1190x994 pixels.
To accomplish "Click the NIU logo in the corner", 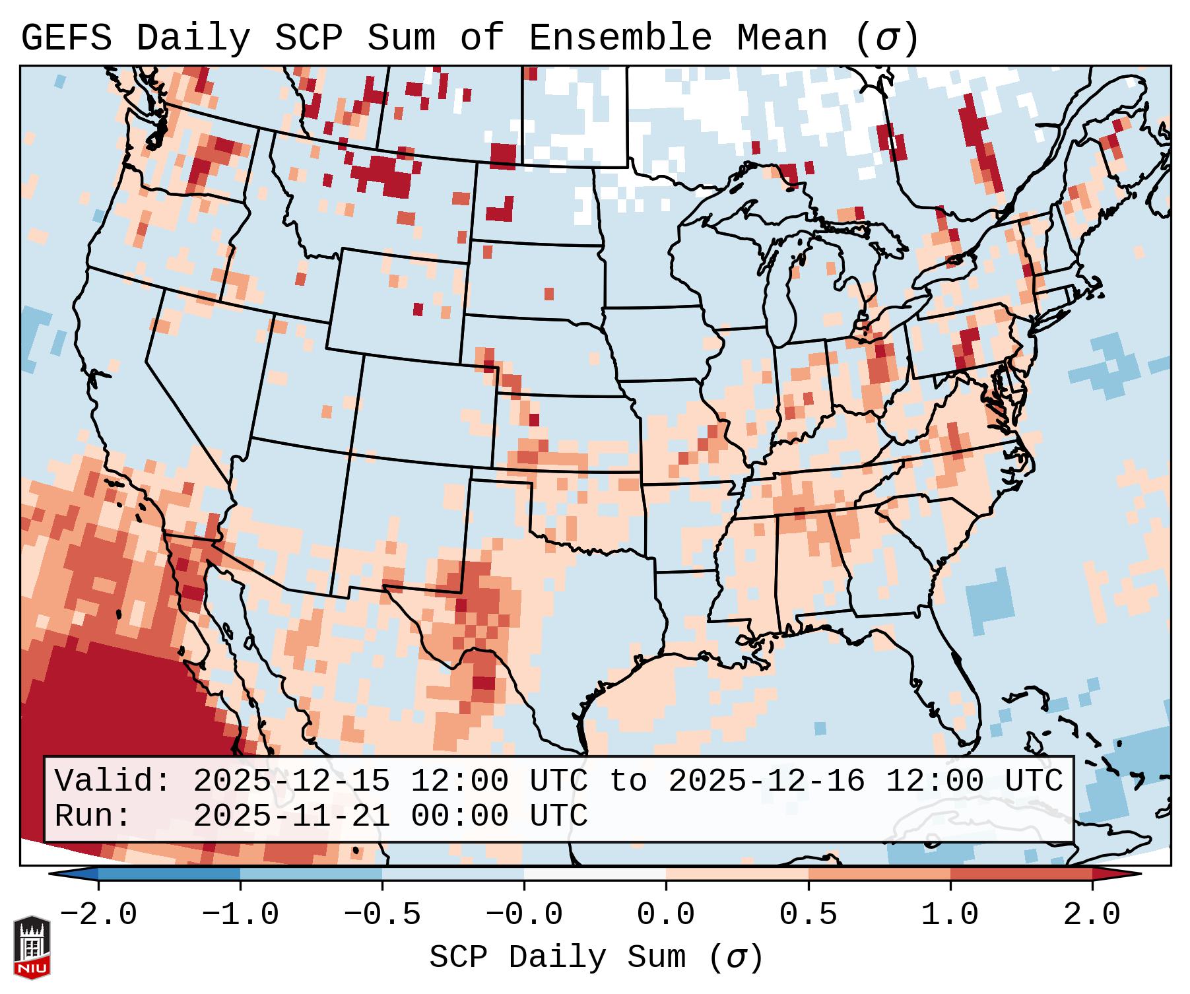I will point(32,946).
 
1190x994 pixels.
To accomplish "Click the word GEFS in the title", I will point(66,38).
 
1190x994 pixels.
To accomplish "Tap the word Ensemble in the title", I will point(620,38).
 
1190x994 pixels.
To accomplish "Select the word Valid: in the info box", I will point(113,781).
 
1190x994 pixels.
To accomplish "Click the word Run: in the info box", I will point(93,816).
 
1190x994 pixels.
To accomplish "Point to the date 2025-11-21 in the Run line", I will point(292,816).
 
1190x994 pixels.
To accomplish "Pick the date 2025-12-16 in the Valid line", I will point(767,781).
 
